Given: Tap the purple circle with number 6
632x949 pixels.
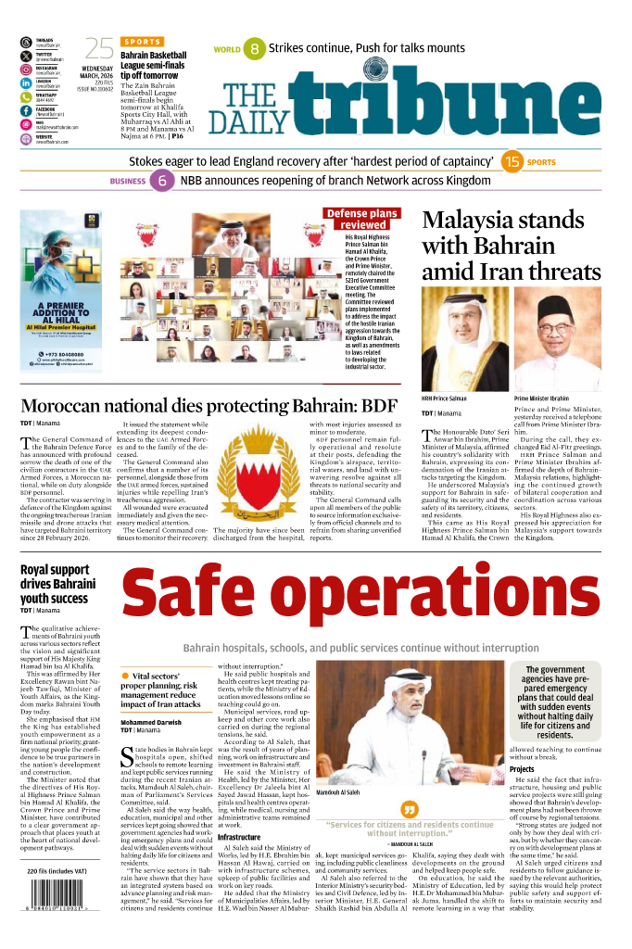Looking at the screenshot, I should tap(162, 182).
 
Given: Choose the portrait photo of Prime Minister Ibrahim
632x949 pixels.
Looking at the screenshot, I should tap(557, 344).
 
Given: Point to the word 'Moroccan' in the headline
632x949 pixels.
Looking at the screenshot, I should tap(71, 406).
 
